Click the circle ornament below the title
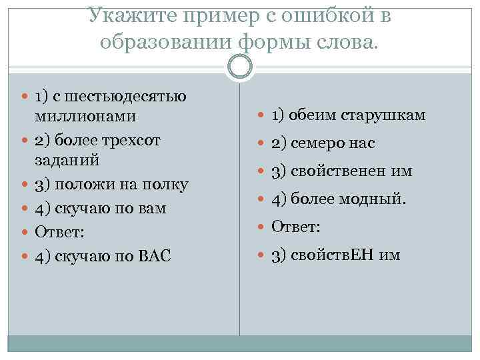pos(240,67)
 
